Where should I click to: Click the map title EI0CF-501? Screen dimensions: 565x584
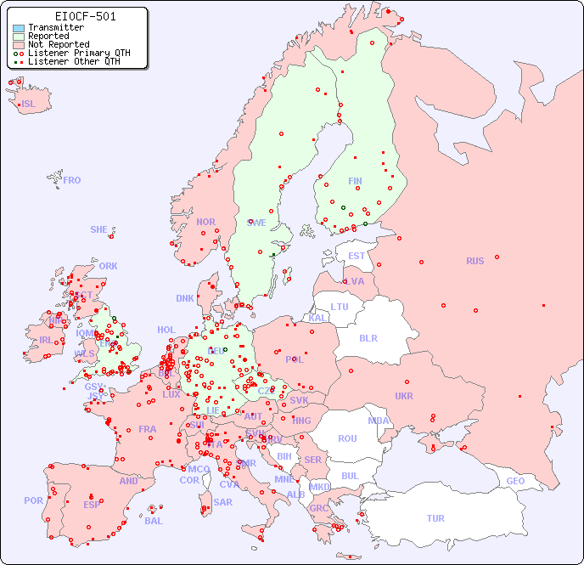coord(85,16)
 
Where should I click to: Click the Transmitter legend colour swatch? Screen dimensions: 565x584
coord(19,28)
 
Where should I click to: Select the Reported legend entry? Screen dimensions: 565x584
coord(48,37)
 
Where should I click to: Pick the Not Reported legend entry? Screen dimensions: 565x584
coord(58,45)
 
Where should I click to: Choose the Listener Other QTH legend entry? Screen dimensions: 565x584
coord(74,61)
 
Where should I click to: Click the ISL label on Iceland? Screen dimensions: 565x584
coord(29,105)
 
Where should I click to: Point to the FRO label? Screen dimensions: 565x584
coord(72,180)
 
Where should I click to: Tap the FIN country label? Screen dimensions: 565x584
coord(355,181)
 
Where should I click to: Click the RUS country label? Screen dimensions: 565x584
coord(474,261)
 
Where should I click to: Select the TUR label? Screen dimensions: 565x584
coord(435,518)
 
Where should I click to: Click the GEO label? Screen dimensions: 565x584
coord(515,481)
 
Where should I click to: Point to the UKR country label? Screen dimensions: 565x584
coord(404,396)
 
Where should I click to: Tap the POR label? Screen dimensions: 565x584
coord(33,500)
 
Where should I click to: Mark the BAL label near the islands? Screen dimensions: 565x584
coord(154,521)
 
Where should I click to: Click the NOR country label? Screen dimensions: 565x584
coord(205,222)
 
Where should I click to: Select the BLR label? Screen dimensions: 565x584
coord(368,337)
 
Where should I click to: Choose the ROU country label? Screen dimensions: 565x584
coord(347,438)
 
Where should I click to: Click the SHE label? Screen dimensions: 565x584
coord(99,229)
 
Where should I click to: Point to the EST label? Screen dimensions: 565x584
coord(357,256)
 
